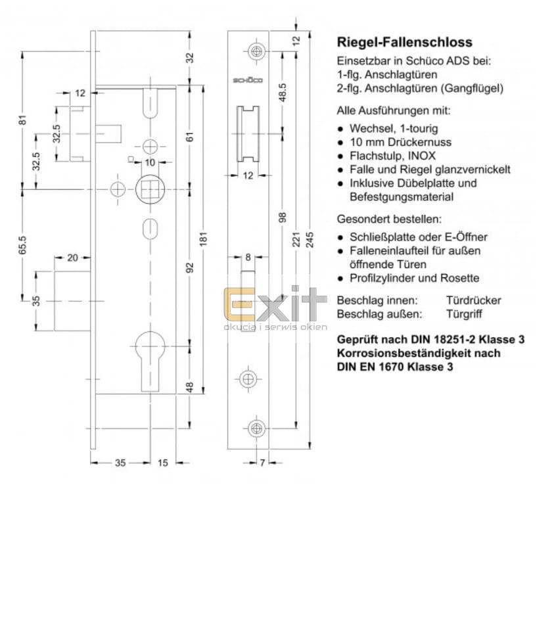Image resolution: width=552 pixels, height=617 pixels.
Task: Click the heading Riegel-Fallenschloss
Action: pyautogui.click(x=404, y=42)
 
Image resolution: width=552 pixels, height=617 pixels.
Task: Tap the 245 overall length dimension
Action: pyautogui.click(x=310, y=240)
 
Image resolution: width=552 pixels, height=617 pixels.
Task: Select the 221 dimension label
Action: pyautogui.click(x=296, y=240)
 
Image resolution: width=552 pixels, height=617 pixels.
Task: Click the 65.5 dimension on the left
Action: pyautogui.click(x=22, y=244)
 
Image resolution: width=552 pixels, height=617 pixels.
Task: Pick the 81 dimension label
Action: pyautogui.click(x=22, y=120)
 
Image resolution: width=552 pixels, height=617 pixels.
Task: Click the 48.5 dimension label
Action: pyautogui.click(x=283, y=93)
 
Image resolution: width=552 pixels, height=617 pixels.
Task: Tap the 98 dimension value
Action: pyautogui.click(x=283, y=217)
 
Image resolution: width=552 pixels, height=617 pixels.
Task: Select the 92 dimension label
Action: pyautogui.click(x=190, y=267)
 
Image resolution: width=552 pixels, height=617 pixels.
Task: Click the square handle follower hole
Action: pyautogui.click(x=150, y=189)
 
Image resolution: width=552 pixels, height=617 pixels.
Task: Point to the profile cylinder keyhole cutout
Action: pyautogui.click(x=150, y=361)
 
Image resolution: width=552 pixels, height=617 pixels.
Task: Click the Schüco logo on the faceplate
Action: pyautogui.click(x=248, y=80)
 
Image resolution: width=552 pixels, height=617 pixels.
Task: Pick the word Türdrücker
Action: pyautogui.click(x=473, y=300)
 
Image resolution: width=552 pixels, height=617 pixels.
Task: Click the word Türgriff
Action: pyautogui.click(x=464, y=314)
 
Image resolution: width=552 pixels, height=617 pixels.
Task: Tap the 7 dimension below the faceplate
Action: pyautogui.click(x=262, y=463)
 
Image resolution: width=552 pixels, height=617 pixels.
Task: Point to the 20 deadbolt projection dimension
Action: pyautogui.click(x=72, y=258)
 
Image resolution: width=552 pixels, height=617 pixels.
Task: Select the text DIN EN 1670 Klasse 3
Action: pyautogui.click(x=395, y=367)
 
